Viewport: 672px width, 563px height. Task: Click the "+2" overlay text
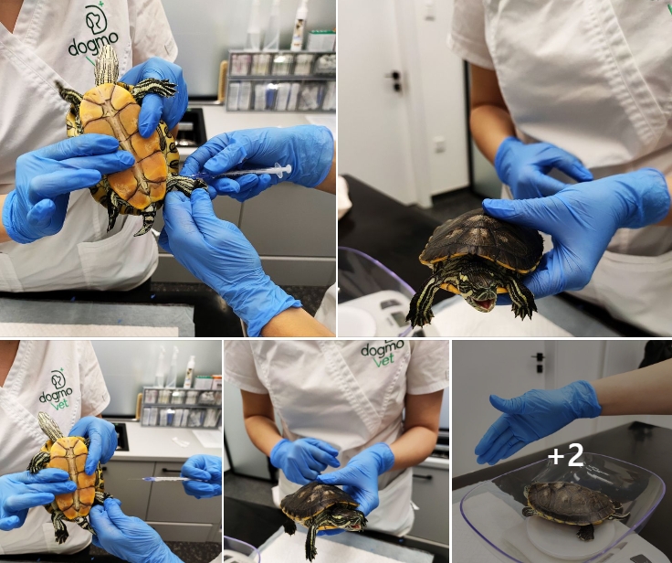pos(565,455)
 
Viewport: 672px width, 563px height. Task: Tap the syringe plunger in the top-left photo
pos(284,169)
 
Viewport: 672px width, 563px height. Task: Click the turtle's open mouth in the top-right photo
pos(484,303)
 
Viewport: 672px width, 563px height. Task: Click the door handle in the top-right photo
pos(395,80)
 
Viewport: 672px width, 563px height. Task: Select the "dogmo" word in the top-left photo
pos(93,44)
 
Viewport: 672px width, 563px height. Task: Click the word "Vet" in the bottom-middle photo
pos(384,360)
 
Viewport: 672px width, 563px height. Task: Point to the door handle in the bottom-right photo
pos(539,361)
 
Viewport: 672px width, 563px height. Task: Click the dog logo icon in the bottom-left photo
pos(58,379)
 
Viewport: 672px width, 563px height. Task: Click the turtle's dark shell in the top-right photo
pos(482,239)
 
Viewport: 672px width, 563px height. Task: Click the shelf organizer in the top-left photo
pos(281,80)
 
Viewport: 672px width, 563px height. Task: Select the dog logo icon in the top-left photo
pos(96,19)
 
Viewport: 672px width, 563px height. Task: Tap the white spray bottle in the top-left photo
pos(299,25)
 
